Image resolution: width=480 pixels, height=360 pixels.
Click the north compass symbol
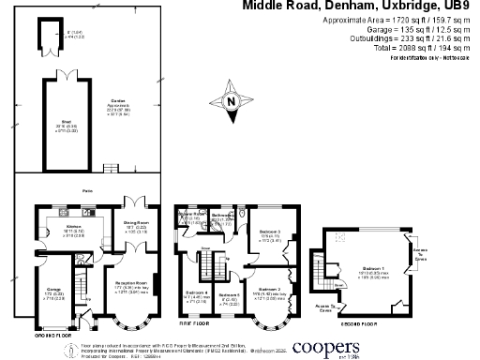coord(232,99)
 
